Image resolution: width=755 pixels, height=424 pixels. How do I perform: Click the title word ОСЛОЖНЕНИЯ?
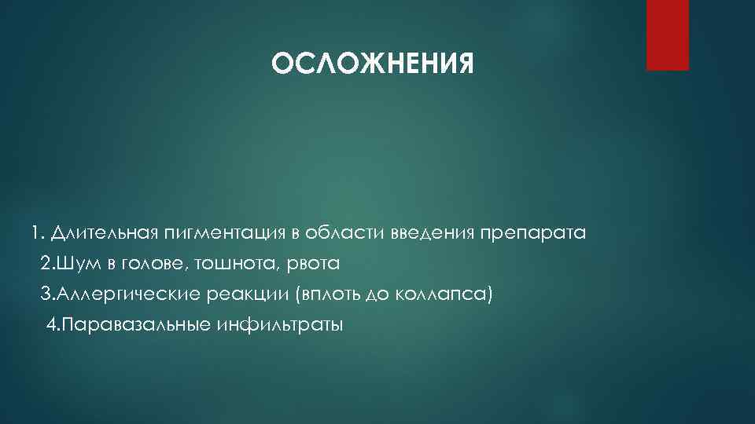tap(373, 64)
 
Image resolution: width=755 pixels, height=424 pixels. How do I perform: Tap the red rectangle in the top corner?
tap(667, 35)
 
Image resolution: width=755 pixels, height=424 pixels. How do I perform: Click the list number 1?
tap(35, 234)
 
